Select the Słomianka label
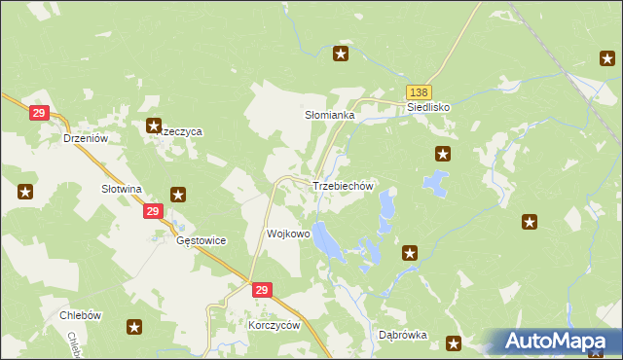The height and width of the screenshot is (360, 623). (329, 115)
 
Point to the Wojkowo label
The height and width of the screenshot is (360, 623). (288, 234)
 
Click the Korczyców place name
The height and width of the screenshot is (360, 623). (275, 326)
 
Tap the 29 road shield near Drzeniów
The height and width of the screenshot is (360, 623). (39, 114)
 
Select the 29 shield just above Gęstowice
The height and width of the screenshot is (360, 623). (152, 211)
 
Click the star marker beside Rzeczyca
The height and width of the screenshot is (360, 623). (153, 126)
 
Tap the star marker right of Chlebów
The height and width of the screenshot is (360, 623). (134, 328)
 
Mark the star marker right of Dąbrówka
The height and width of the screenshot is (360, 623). (453, 342)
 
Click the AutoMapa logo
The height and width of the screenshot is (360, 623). (556, 341)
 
